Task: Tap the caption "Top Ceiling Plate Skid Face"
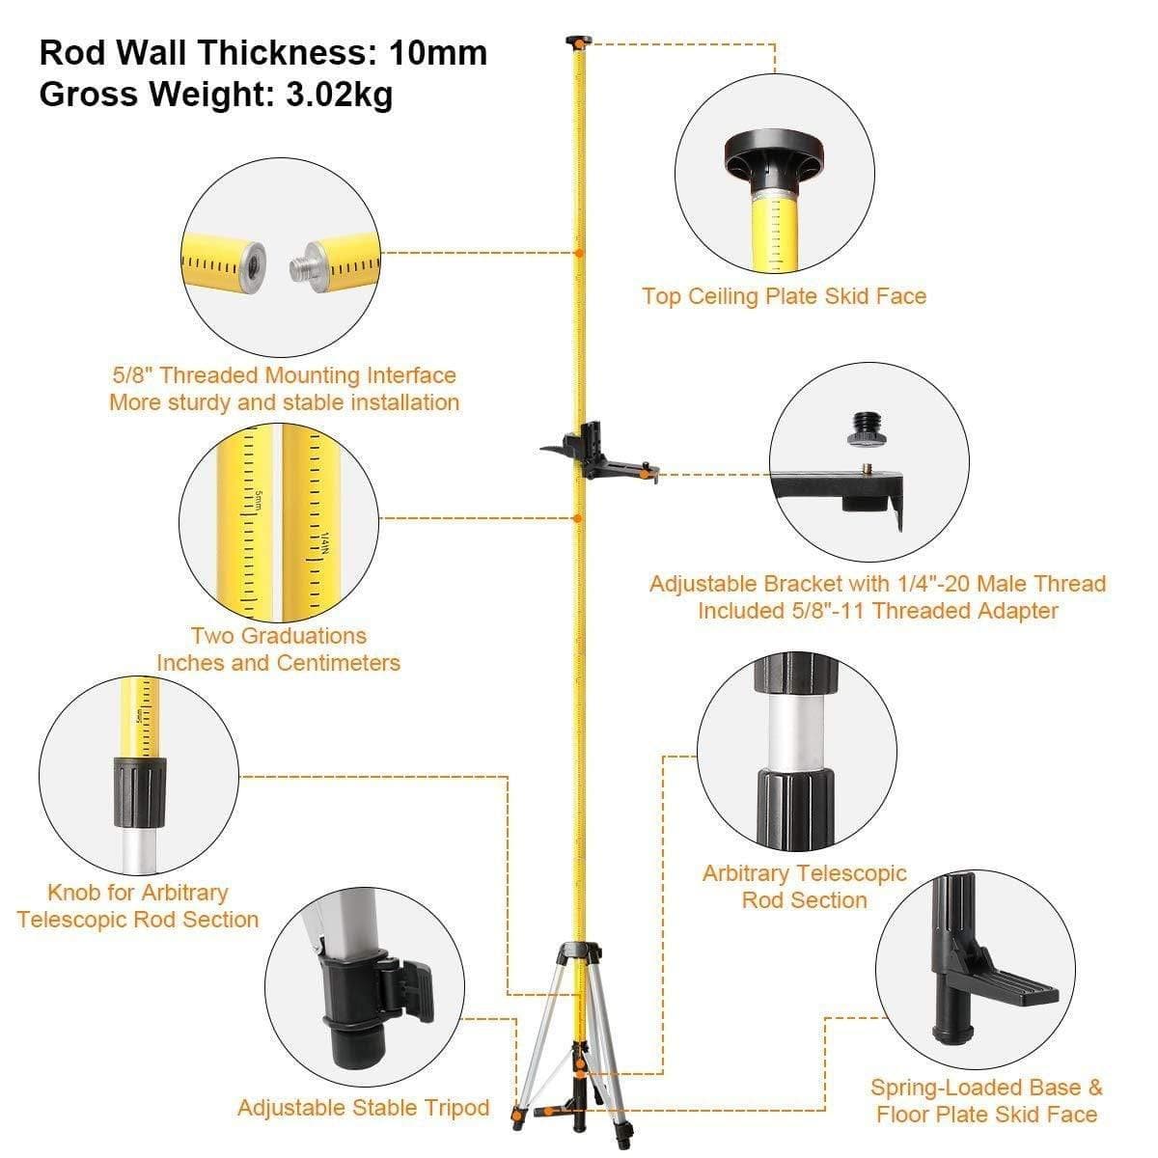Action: (x=784, y=296)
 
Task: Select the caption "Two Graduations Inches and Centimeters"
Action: (x=278, y=649)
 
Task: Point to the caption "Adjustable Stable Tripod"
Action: (x=364, y=1108)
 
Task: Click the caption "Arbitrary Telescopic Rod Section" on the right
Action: (x=804, y=887)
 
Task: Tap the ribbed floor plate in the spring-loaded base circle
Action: (x=1023, y=989)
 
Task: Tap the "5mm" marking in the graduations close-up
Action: (x=259, y=501)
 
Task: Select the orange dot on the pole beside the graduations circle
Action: (x=577, y=518)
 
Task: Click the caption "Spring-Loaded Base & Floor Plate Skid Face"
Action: (x=986, y=1101)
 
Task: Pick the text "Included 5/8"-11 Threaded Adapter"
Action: (x=877, y=611)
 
